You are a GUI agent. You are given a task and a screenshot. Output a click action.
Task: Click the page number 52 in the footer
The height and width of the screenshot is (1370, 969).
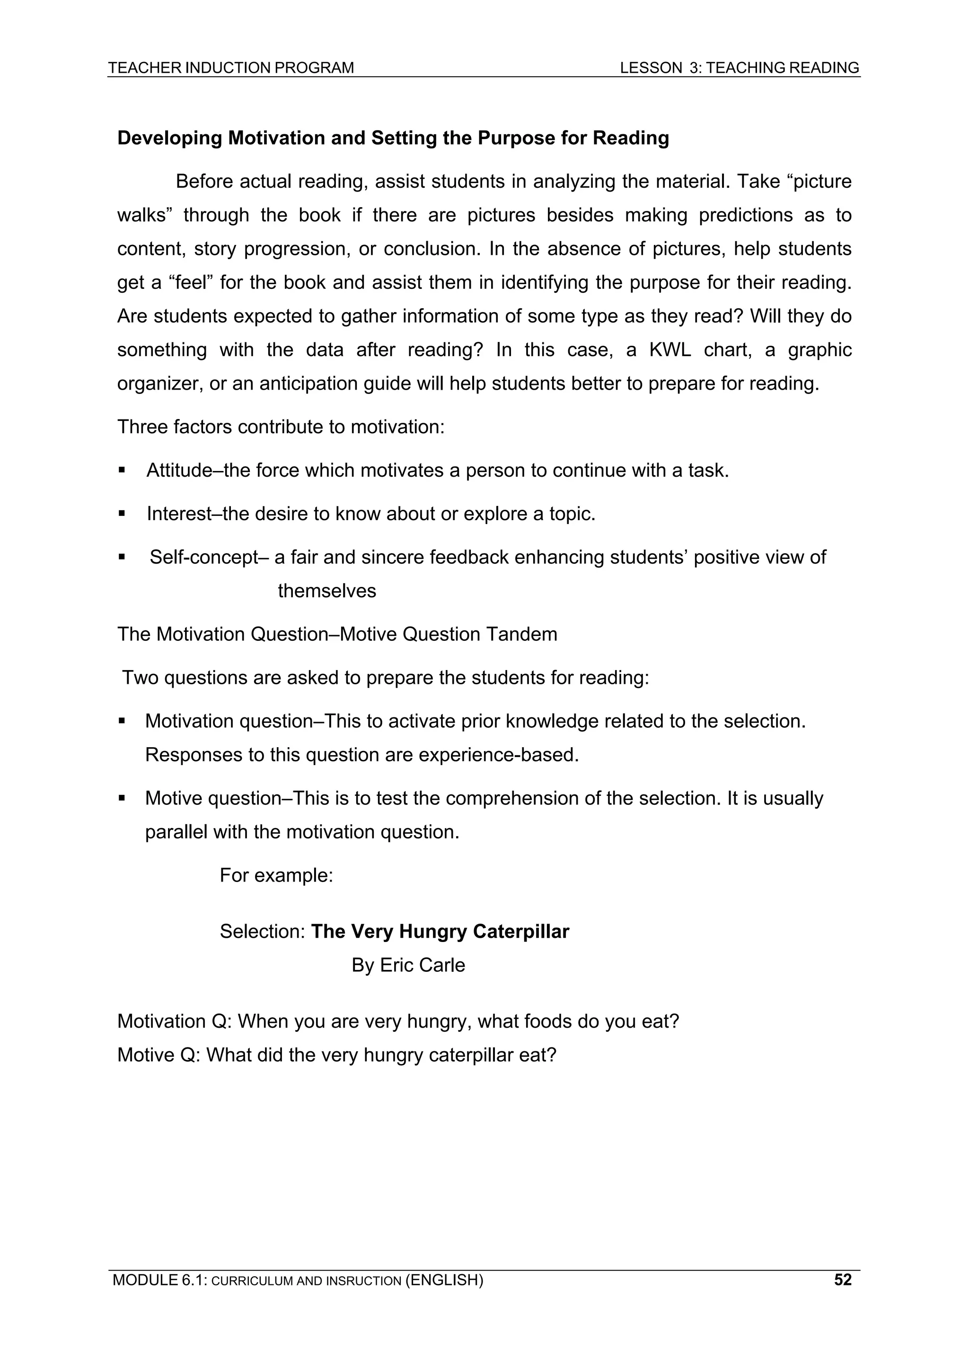pyautogui.click(x=842, y=1280)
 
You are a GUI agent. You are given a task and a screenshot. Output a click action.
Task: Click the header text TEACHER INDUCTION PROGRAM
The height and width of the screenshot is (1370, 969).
pyautogui.click(x=230, y=68)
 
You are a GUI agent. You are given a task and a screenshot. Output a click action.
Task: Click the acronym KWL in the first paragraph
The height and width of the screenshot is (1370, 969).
pyautogui.click(x=669, y=349)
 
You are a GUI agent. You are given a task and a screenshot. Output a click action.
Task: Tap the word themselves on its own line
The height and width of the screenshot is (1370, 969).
pyautogui.click(x=326, y=591)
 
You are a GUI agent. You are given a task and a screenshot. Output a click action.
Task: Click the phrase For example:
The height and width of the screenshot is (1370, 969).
pyautogui.click(x=276, y=875)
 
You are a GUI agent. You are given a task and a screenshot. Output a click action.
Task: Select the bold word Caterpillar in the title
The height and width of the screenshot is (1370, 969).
pyautogui.click(x=520, y=932)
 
